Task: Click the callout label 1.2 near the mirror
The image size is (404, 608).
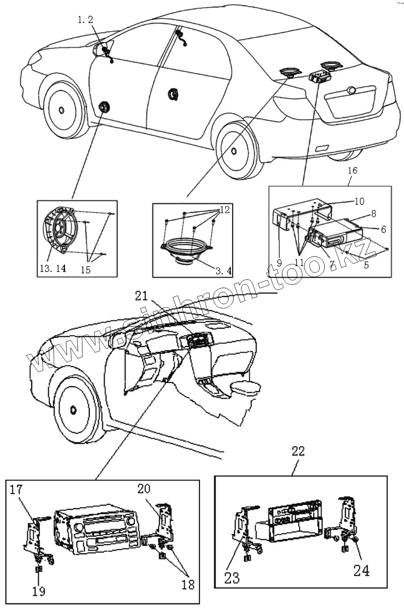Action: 85,20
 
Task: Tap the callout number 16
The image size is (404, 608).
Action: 352,171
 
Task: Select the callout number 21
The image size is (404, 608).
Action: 141,296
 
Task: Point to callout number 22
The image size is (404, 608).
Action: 298,452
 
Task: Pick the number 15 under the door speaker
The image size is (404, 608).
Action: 85,270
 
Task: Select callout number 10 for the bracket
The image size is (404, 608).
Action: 359,202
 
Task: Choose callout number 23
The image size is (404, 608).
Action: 232,578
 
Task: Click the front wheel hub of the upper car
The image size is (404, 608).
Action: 62,110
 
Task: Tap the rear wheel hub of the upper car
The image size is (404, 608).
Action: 234,151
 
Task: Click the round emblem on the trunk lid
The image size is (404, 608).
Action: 352,90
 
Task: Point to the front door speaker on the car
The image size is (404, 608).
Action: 104,107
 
